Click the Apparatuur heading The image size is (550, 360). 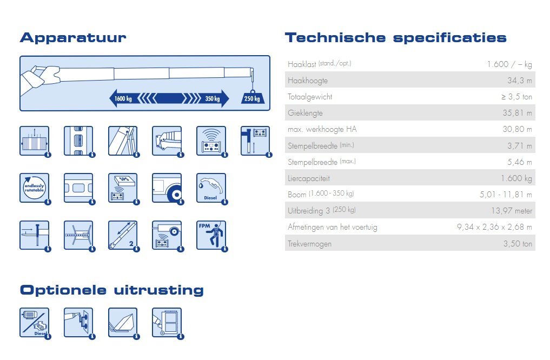(73, 38)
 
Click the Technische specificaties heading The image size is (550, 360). (396, 38)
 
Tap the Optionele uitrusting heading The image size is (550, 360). (112, 291)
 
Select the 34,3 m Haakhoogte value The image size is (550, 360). (520, 81)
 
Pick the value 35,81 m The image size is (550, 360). (518, 113)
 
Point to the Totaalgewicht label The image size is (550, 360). (310, 97)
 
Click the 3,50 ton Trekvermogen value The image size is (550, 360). (518, 244)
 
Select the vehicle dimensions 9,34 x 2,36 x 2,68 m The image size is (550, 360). (494, 227)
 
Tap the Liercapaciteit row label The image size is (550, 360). (309, 178)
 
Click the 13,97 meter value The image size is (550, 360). (512, 211)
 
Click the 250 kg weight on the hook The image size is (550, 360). (252, 98)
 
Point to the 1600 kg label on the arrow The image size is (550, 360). (123, 98)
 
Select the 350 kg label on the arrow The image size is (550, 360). (213, 98)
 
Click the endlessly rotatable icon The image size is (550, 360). (35, 188)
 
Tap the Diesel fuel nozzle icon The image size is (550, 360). (211, 188)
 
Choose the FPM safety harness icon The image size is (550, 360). (211, 235)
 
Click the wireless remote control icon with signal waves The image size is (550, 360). (211, 141)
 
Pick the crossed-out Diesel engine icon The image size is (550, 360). (35, 323)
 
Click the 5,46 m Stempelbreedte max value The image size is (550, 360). (520, 162)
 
